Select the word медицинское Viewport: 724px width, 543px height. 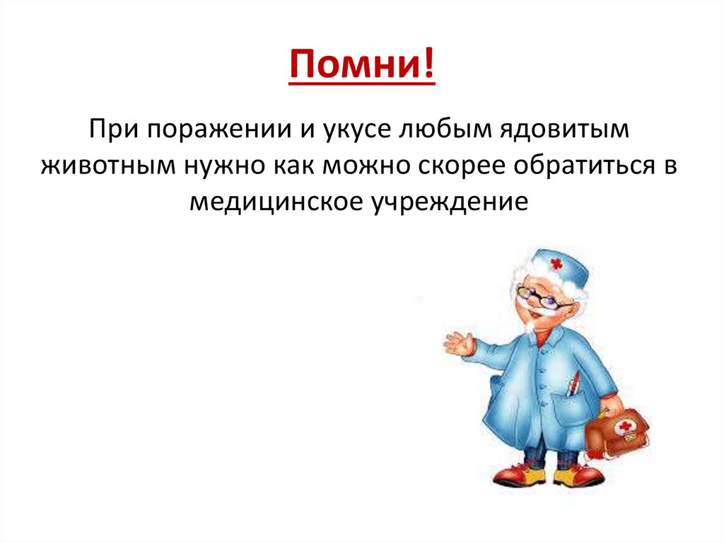(x=275, y=202)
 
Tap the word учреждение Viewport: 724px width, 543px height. (x=448, y=202)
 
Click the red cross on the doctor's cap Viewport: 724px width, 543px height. (x=556, y=265)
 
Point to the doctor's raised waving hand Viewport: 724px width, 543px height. (x=458, y=345)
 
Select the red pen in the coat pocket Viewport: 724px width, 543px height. (x=574, y=382)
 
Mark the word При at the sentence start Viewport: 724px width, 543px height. (x=111, y=130)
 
